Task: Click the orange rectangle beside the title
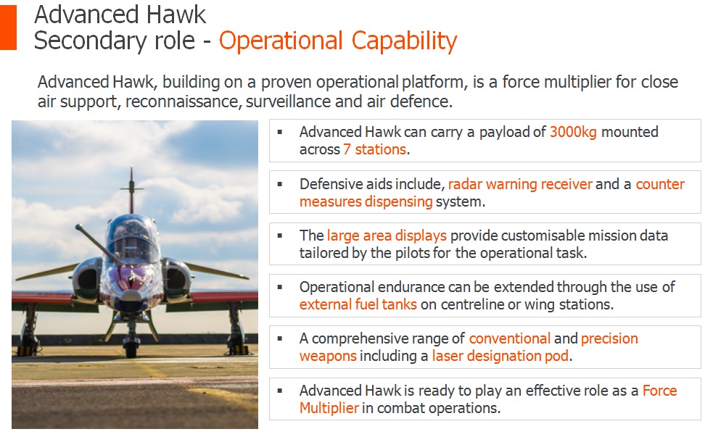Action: (8, 28)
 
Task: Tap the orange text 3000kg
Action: (573, 132)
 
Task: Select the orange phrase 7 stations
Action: (375, 149)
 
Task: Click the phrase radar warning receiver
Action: (520, 184)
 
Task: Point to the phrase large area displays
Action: (387, 236)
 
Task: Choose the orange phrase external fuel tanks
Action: (358, 304)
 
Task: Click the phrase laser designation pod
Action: (500, 356)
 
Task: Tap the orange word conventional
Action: (510, 338)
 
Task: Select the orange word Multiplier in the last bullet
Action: (329, 408)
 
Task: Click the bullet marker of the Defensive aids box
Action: (280, 184)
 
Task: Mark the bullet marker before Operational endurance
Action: (280, 287)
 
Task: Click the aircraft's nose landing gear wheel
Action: (131, 349)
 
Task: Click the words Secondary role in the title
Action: (115, 41)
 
